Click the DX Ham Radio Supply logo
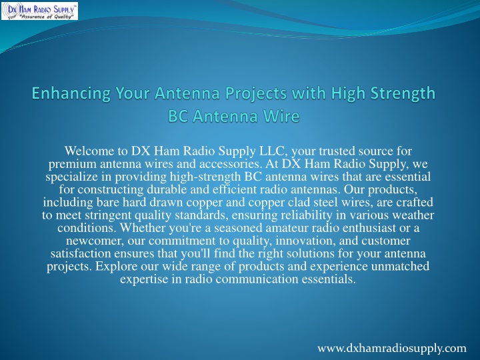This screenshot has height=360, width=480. click(x=39, y=11)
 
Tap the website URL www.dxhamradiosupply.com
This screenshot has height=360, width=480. click(x=392, y=348)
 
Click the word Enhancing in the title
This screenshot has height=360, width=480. click(x=71, y=93)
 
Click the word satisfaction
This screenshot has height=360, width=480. click(x=81, y=254)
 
